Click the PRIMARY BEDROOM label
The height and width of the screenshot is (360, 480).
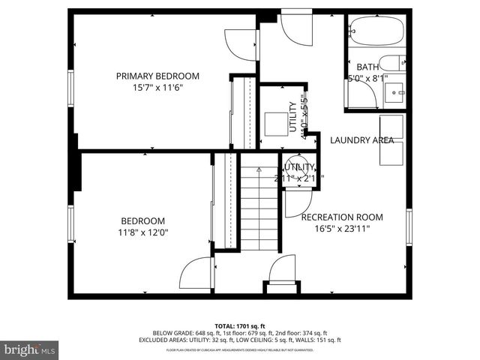pyautogui.click(x=157, y=76)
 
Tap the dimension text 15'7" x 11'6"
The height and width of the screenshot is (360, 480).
pyautogui.click(x=157, y=87)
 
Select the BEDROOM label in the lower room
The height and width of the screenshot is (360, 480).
pyautogui.click(x=142, y=220)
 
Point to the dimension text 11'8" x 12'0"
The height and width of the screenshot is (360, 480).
pyautogui.click(x=142, y=232)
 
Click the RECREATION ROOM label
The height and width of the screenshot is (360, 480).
pyautogui.click(x=341, y=217)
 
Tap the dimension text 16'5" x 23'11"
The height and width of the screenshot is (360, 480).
pyautogui.click(x=341, y=229)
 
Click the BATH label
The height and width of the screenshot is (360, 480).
pyautogui.click(x=367, y=67)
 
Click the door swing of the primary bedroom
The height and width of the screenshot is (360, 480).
pyautogui.click(x=241, y=46)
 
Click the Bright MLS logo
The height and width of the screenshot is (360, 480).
pyautogui.click(x=30, y=349)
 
